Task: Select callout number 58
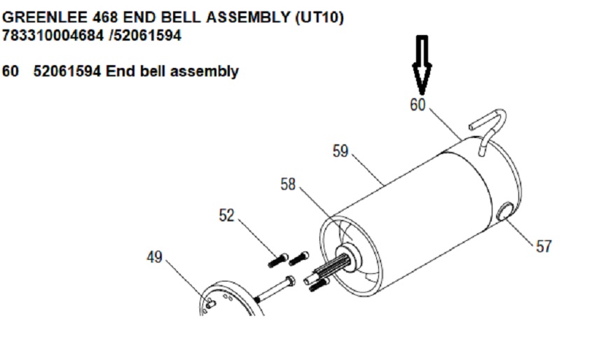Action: coord(288,184)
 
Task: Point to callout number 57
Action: coord(544,246)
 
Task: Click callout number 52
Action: coord(226,216)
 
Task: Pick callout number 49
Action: coord(153,257)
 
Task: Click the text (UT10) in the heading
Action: coord(316,18)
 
